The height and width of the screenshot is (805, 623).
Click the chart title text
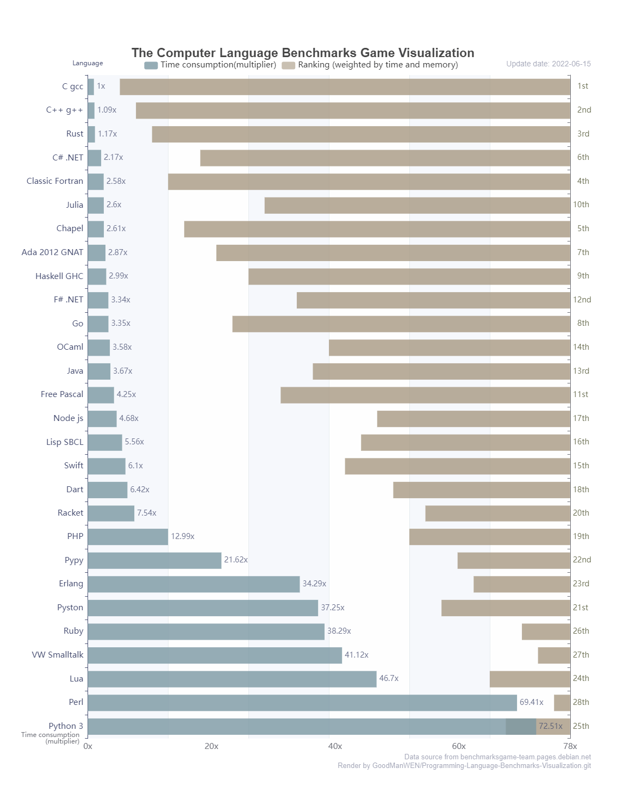pos(303,53)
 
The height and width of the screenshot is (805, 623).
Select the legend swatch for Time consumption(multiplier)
pos(151,65)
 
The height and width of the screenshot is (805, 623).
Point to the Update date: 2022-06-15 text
pos(548,64)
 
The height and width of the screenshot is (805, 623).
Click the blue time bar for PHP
pos(128,537)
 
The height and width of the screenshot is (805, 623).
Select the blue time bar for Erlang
pos(194,584)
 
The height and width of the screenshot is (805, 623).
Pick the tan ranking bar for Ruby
pos(546,631)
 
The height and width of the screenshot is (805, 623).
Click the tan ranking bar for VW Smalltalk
pos(554,655)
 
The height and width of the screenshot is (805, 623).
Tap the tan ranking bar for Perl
pos(562,703)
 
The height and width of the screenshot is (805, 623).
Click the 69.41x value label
pos(531,702)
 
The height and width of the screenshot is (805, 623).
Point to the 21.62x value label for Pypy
pos(235,560)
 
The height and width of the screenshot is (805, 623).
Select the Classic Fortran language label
pos(55,181)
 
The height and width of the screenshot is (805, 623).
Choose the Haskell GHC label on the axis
pos(59,276)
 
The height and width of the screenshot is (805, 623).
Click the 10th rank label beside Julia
pos(581,205)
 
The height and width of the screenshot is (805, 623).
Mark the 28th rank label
pos(581,702)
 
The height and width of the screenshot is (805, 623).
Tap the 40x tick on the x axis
pos(335,746)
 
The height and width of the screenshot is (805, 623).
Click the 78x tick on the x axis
pos(570,746)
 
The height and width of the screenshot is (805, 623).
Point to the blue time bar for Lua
pos(232,679)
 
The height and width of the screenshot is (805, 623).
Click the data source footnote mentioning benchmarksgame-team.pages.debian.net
pos(497,757)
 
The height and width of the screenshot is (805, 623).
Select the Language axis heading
pos(88,63)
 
